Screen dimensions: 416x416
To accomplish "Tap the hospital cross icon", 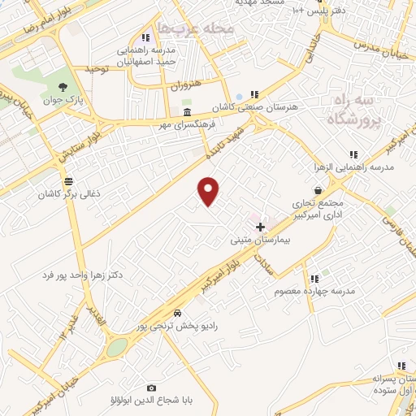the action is point(260,227).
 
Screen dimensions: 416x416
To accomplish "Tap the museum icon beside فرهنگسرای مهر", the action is point(188,112).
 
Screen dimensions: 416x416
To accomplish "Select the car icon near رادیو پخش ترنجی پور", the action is point(177,313).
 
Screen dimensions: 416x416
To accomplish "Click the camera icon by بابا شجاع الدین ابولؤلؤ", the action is point(151,388).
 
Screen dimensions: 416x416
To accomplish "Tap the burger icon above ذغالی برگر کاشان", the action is point(67,181).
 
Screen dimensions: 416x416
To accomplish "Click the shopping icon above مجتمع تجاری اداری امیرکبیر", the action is point(315,189).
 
